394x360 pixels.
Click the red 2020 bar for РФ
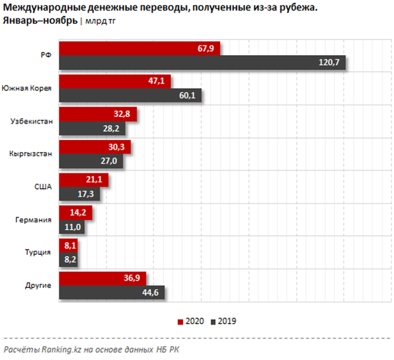click(x=139, y=48)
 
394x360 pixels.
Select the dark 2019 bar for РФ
click(x=202, y=62)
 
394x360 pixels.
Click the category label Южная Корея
click(x=27, y=88)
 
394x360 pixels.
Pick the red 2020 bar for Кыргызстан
click(x=95, y=146)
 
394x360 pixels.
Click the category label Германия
click(x=34, y=219)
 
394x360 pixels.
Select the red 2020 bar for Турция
click(x=69, y=245)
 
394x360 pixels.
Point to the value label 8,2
click(x=70, y=260)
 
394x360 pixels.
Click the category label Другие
click(x=37, y=285)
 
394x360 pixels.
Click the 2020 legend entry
click(x=191, y=321)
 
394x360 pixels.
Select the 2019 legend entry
click(x=223, y=321)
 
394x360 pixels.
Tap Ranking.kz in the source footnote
click(x=60, y=349)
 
